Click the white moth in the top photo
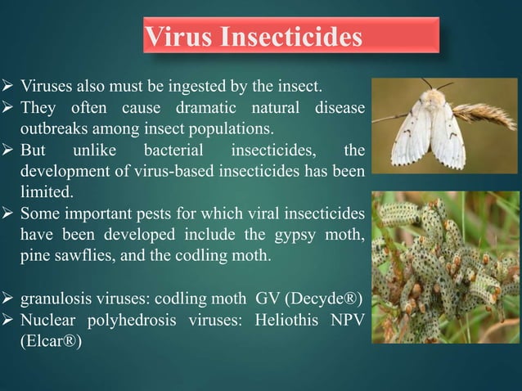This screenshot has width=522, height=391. pyautogui.click(x=425, y=127)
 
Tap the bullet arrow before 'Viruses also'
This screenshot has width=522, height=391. pyautogui.click(x=10, y=84)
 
